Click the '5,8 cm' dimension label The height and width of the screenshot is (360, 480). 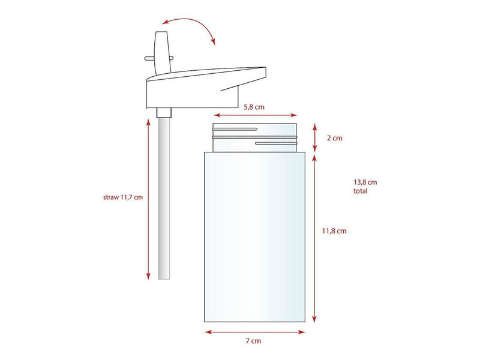coord(254,107)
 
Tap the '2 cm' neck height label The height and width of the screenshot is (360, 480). coord(335,138)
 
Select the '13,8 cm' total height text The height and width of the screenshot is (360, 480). coord(365,182)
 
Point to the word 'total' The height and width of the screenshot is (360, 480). coord(361,191)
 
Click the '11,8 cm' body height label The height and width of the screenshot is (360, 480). coord(334,231)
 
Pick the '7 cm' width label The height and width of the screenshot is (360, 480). coord(253,341)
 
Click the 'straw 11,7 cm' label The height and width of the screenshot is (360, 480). coord(123,197)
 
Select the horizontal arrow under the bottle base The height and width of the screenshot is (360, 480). coord(254,332)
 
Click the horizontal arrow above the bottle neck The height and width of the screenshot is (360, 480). coord(256,115)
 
